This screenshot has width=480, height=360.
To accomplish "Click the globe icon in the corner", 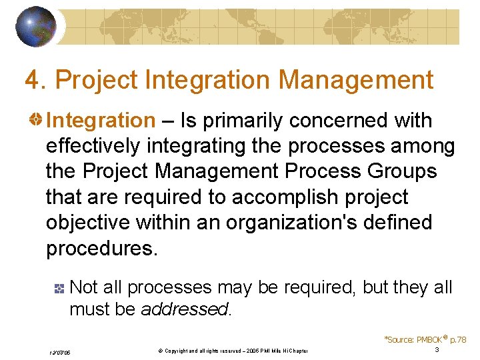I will [36, 27].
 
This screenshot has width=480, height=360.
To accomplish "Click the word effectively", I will [93, 146].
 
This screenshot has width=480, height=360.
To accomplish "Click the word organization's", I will [294, 223].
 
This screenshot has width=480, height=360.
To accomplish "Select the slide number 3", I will [437, 350].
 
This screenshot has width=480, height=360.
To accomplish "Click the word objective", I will [87, 223].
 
